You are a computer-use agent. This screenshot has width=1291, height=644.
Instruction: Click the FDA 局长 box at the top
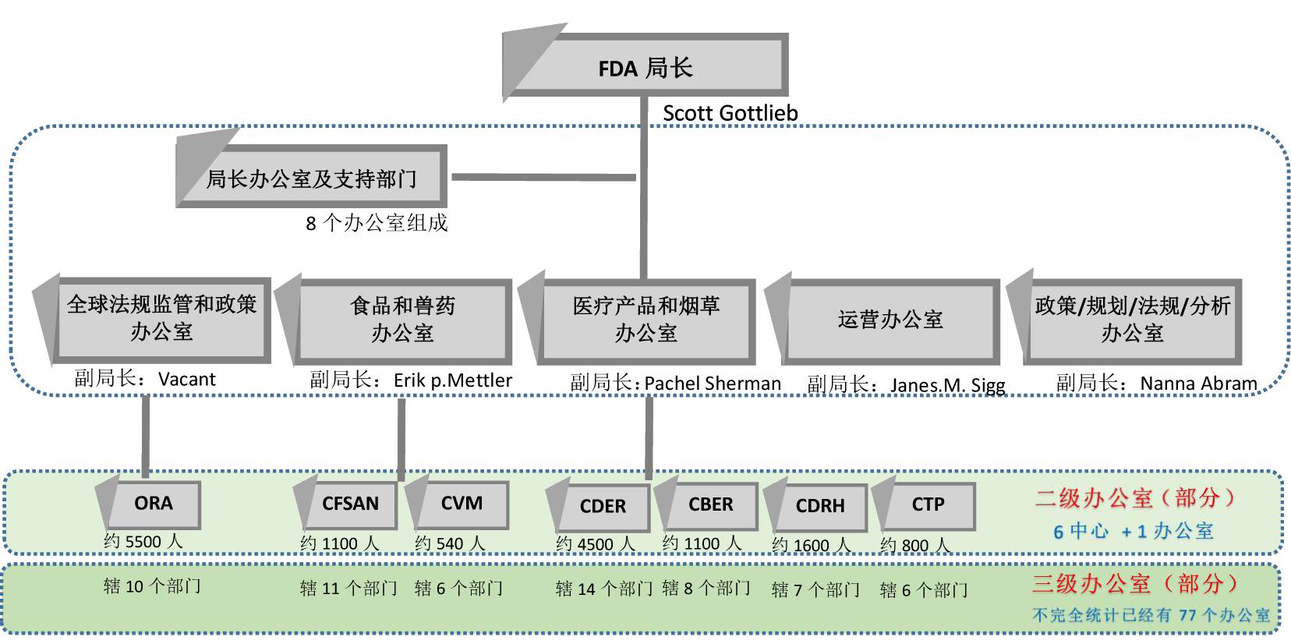click(x=645, y=67)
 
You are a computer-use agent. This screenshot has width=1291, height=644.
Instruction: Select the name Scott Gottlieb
click(x=730, y=113)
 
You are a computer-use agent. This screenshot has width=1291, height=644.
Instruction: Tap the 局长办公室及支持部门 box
click(x=312, y=179)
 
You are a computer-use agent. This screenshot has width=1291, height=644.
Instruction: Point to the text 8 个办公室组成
click(x=377, y=224)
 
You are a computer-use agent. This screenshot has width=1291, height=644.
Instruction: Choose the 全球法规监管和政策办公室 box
click(x=161, y=318)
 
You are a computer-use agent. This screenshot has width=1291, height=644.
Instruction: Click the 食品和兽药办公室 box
click(x=402, y=320)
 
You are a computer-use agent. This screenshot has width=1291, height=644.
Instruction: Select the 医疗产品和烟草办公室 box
click(x=646, y=320)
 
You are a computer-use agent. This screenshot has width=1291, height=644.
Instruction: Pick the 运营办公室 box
click(x=890, y=320)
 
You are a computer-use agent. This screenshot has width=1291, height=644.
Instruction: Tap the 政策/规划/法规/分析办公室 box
click(x=1132, y=319)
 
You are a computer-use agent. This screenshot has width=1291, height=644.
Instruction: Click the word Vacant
click(x=186, y=380)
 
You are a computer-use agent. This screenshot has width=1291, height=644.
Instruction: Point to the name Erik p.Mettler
click(x=452, y=380)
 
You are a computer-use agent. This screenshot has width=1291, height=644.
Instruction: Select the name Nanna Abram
click(x=1198, y=384)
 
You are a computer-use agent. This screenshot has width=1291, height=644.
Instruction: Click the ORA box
click(x=154, y=504)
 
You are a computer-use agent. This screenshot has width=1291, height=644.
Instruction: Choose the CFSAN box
click(x=350, y=504)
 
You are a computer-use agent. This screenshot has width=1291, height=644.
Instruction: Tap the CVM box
click(x=462, y=504)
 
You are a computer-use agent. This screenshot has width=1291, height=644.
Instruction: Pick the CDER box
click(x=603, y=506)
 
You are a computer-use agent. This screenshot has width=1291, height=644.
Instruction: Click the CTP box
click(x=928, y=504)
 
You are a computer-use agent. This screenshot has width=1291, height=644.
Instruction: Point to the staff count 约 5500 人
click(x=143, y=541)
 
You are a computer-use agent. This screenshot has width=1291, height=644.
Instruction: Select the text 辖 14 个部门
click(x=603, y=589)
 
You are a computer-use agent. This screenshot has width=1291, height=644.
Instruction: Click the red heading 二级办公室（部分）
click(x=1135, y=498)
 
